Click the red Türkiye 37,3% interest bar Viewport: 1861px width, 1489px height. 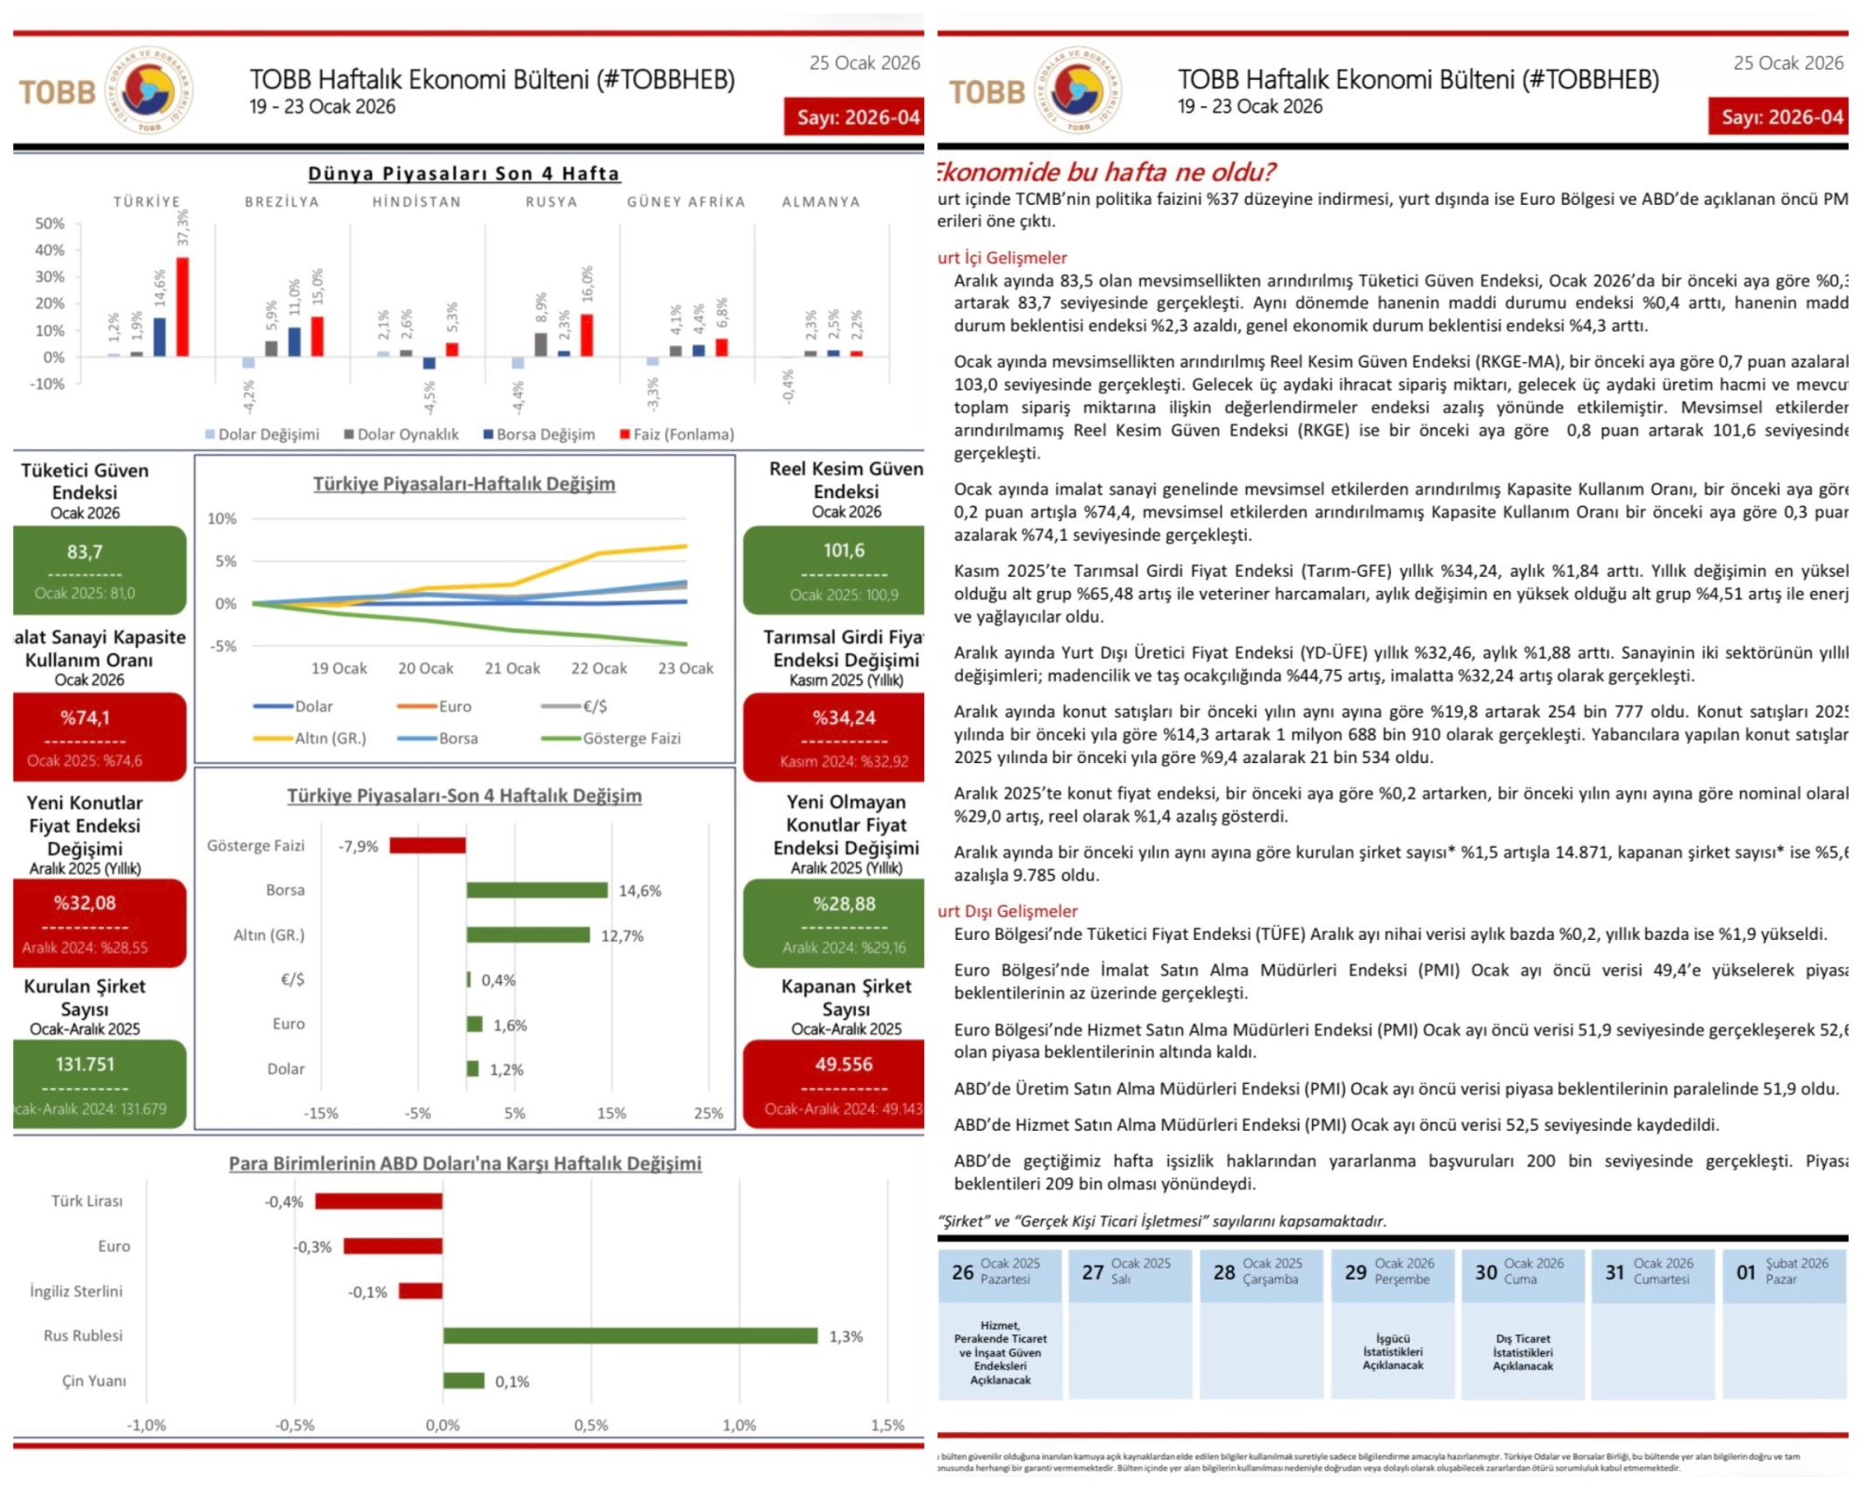(182, 307)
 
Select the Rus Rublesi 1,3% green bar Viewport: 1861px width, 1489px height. (630, 1335)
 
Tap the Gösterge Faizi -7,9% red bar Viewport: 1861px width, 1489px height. (427, 845)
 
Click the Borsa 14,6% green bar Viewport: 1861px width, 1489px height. (537, 891)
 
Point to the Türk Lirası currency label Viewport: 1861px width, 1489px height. (87, 1201)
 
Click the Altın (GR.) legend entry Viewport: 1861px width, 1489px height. (311, 738)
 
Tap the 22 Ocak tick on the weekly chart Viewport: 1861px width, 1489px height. (598, 668)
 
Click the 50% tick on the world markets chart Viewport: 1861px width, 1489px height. (49, 223)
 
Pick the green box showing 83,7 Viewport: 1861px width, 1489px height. (100, 570)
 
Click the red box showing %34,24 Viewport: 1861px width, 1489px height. (834, 736)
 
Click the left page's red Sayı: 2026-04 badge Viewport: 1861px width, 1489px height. (854, 117)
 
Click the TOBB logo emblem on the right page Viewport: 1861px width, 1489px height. (1078, 90)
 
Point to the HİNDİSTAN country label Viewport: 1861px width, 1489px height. (417, 202)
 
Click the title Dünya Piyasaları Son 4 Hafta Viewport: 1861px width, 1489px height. (463, 173)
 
